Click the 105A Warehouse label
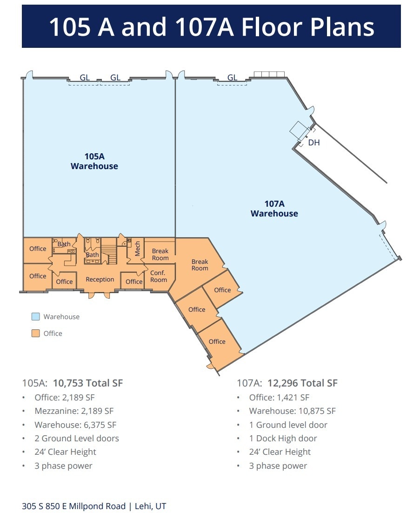[94, 161]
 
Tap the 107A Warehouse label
[274, 209]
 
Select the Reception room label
[100, 279]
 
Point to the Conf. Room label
[158, 276]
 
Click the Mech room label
[138, 248]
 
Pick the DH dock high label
[314, 143]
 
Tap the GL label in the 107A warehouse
[232, 78]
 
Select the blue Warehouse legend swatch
[36, 317]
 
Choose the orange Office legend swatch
[36, 334]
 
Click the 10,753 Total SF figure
[88, 383]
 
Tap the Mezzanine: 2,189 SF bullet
[73, 411]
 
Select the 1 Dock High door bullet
[283, 438]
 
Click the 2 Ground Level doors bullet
[76, 438]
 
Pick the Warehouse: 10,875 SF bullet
[292, 411]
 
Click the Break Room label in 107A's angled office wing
[200, 265]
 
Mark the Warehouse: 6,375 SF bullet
[75, 425]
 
